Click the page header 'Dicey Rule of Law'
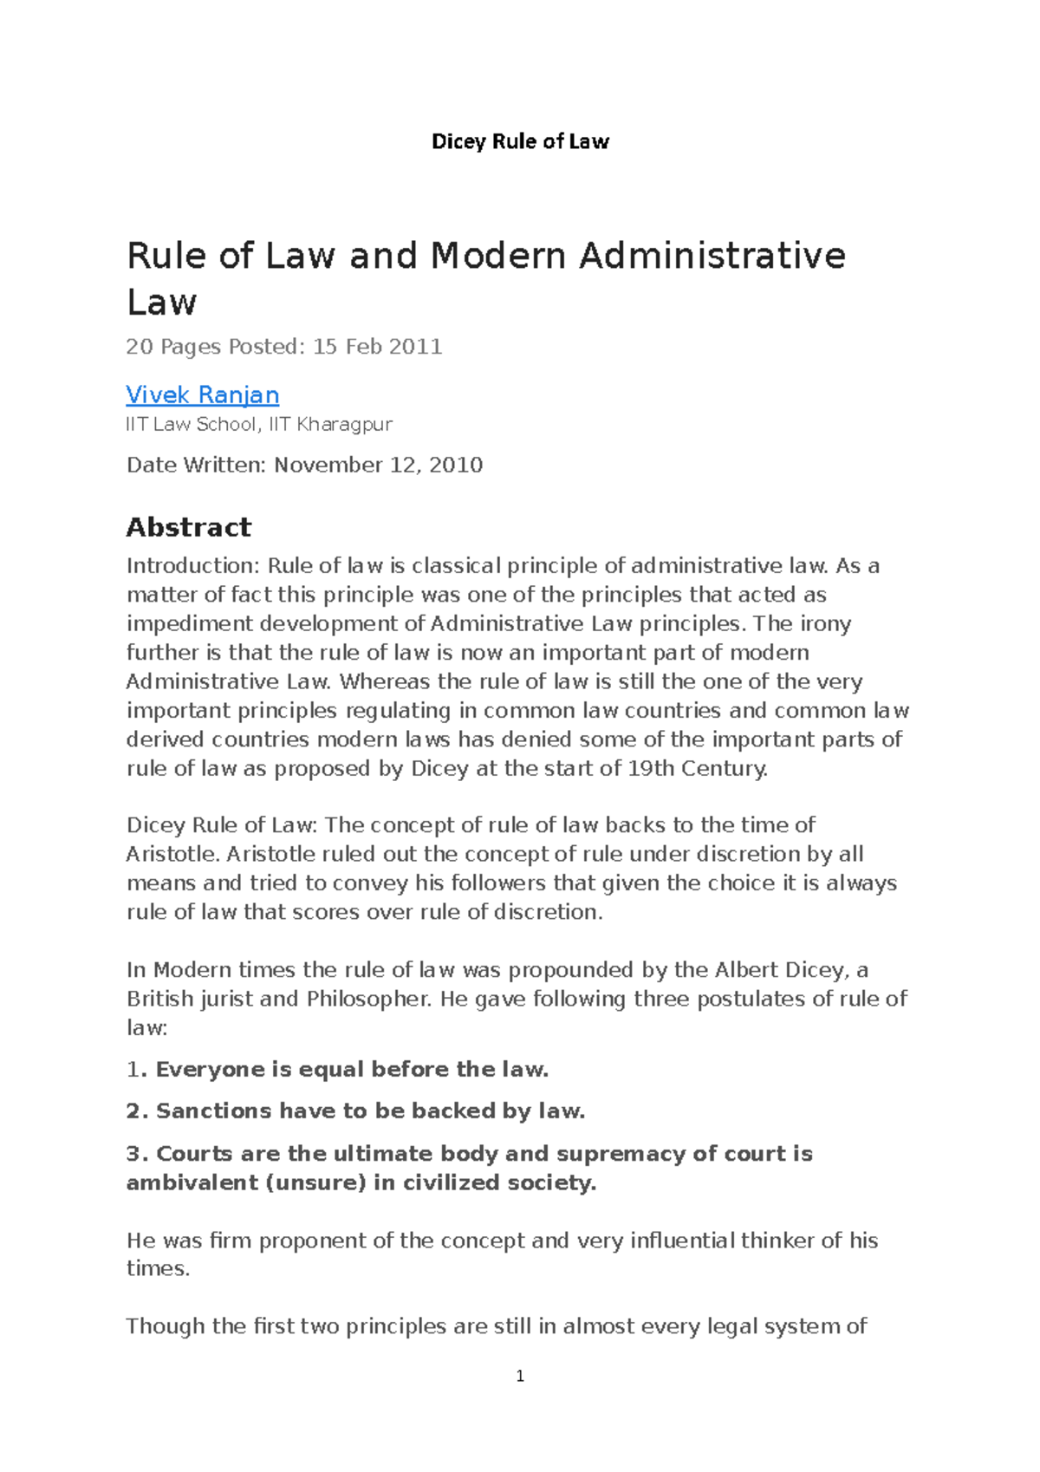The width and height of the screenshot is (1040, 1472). (x=520, y=141)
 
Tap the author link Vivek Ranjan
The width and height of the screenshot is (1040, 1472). (x=202, y=394)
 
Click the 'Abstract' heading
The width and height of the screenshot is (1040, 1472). (x=188, y=527)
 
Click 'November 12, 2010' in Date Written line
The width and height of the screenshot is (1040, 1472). (x=378, y=465)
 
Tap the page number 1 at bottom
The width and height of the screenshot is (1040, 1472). (x=520, y=1376)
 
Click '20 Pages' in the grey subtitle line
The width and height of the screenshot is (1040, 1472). (x=173, y=347)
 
